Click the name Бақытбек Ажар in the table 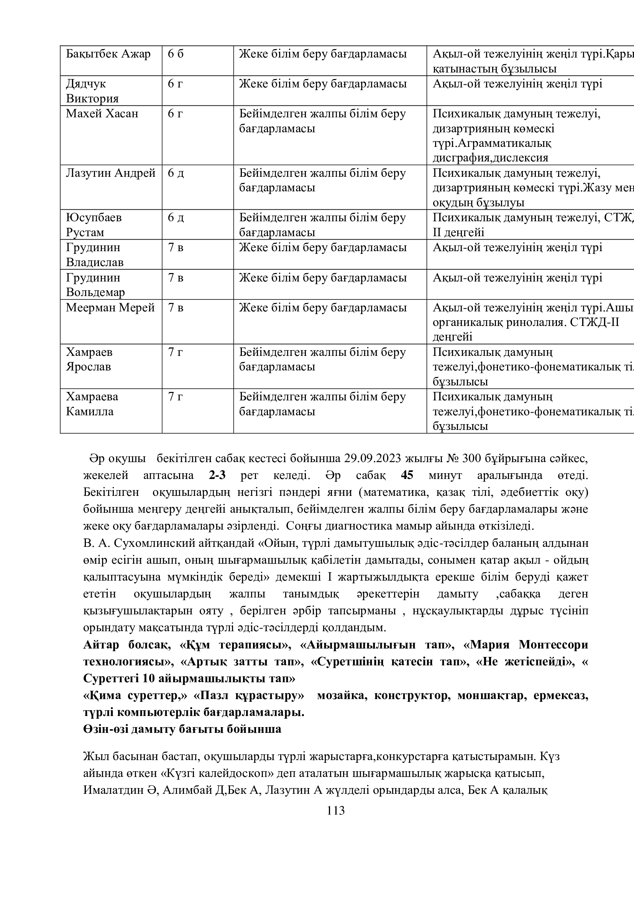tap(108, 54)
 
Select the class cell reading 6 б tap(175, 54)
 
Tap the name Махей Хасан tap(102, 114)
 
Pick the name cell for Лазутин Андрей tap(110, 173)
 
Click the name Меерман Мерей tap(110, 308)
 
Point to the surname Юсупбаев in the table tap(94, 217)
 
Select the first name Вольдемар tap(95, 292)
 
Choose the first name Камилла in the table tap(89, 411)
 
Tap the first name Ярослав tap(88, 367)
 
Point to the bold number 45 tap(407, 476)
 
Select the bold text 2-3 tap(217, 476)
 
